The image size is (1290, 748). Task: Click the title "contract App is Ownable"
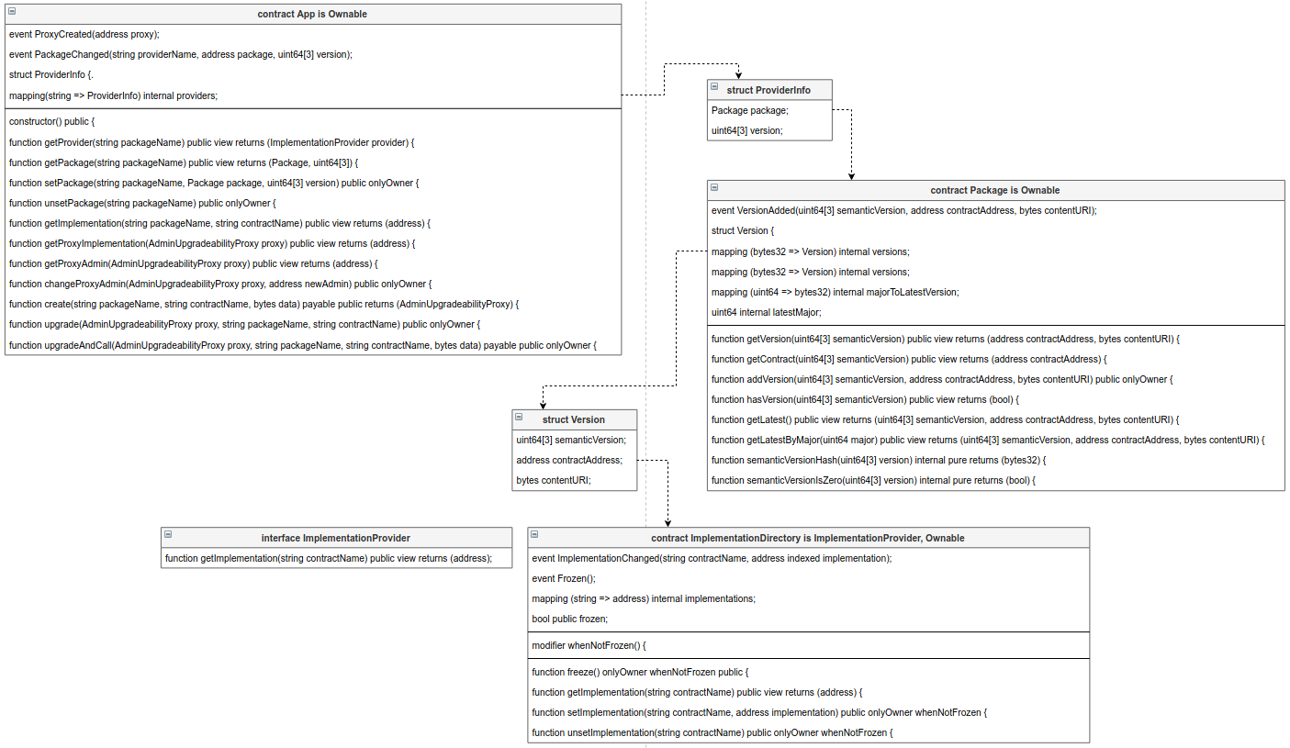click(x=312, y=15)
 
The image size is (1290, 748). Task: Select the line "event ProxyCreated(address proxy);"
click(x=84, y=35)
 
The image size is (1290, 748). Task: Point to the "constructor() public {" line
click(x=52, y=122)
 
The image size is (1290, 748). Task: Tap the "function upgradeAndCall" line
click(x=303, y=345)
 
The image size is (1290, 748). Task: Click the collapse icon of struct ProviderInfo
click(x=714, y=87)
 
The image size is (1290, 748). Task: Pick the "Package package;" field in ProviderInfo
click(x=749, y=110)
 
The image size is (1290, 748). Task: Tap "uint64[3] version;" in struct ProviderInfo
click(x=747, y=130)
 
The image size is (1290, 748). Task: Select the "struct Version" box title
click(x=574, y=419)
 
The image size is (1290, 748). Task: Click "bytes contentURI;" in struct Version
click(x=554, y=480)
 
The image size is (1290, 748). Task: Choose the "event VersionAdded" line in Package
click(x=903, y=210)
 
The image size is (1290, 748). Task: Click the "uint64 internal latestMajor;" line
click(x=767, y=312)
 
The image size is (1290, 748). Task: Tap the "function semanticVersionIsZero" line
click(x=873, y=480)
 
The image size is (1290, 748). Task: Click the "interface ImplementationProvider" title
click(x=336, y=538)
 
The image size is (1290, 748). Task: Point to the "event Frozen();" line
click(x=564, y=578)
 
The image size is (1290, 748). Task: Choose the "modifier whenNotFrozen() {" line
click(x=589, y=645)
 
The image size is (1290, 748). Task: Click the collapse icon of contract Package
click(x=714, y=188)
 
